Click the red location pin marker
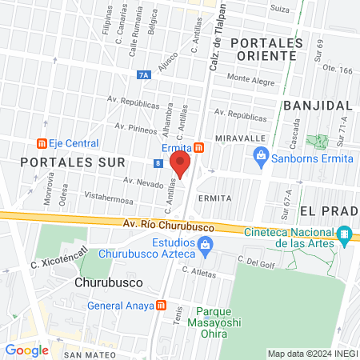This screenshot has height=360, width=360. pos(181,165)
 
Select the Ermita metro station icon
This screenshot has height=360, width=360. pos(198,147)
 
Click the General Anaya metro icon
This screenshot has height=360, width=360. pos(162,305)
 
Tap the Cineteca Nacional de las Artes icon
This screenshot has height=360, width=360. pos(345,234)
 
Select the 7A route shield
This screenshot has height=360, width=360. pos(144,75)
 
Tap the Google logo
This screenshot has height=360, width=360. pos(26,350)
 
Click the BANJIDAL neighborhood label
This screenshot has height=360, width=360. pos(318,106)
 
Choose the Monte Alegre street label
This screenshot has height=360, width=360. pos(251,78)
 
